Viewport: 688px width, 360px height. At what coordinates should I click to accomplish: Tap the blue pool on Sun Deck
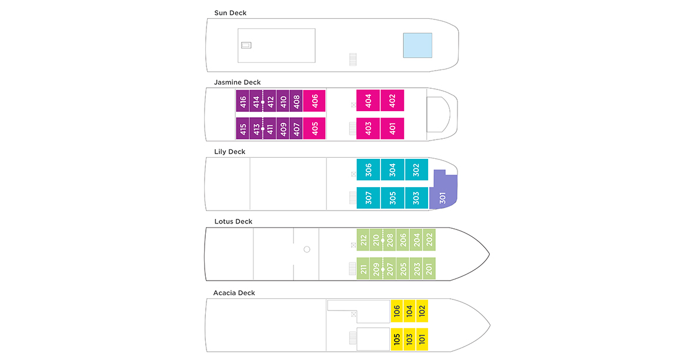point(418,45)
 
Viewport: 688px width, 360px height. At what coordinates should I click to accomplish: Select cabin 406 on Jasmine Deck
point(315,101)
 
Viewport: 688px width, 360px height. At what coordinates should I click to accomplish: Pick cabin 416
point(243,101)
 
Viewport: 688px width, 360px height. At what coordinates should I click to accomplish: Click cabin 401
point(392,128)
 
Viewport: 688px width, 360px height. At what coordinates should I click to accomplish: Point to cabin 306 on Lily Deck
point(368,169)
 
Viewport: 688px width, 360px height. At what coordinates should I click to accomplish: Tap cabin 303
point(416,198)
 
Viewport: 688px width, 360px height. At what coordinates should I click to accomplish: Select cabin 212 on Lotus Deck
point(363,240)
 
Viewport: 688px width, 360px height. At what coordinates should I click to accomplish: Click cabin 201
point(429,268)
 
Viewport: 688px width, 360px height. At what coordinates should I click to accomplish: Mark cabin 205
point(403,268)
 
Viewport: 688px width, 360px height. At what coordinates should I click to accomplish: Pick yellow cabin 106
point(397,311)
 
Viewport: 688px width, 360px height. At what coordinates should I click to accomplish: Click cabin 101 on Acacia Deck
point(421,339)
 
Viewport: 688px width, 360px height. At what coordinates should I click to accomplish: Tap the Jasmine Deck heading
point(238,82)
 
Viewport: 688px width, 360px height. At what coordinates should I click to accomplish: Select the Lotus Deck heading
point(233,222)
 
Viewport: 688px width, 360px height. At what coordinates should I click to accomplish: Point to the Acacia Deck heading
point(234,293)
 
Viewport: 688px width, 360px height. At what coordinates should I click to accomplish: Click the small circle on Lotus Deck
point(306,249)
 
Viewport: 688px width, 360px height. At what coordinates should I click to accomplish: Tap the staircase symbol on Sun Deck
point(353,59)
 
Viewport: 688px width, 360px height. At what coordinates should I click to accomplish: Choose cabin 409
point(283,128)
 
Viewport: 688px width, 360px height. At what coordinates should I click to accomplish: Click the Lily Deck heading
point(230,152)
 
